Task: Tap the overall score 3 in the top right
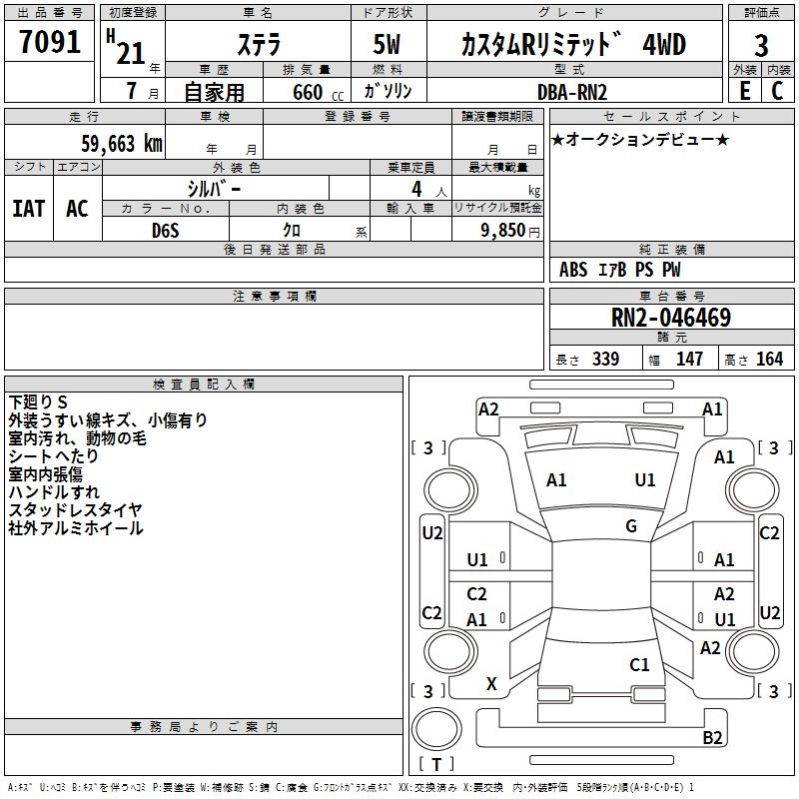[x=761, y=45]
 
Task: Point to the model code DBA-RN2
[x=570, y=92]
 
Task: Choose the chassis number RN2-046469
[x=670, y=319]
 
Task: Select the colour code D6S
[x=165, y=230]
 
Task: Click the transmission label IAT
[x=28, y=209]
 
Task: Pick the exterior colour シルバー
[x=214, y=189]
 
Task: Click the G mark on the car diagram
[x=631, y=526]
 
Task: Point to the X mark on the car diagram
[x=491, y=684]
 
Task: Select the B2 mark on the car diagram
[x=712, y=738]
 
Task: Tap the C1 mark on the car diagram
[x=639, y=664]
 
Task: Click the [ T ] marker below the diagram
[x=436, y=765]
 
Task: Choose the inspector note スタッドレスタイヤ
[x=75, y=510]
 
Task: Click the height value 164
[x=769, y=360]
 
